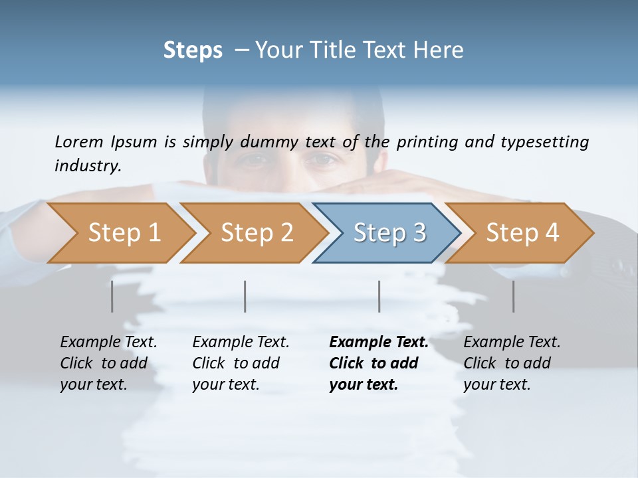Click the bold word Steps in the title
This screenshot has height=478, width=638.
pyautogui.click(x=193, y=50)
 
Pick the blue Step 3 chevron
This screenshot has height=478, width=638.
pyautogui.click(x=387, y=233)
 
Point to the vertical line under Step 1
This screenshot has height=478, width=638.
pyautogui.click(x=112, y=296)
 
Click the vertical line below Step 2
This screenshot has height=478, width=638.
pyautogui.click(x=245, y=296)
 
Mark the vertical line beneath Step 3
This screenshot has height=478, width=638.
pyautogui.click(x=379, y=296)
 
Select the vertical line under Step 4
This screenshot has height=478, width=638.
pyautogui.click(x=514, y=296)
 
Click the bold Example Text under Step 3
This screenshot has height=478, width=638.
pyautogui.click(x=379, y=343)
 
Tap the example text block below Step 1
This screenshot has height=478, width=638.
pyautogui.click(x=108, y=363)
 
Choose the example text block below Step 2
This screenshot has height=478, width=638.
pyautogui.click(x=241, y=363)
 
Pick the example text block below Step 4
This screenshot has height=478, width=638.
pyautogui.click(x=512, y=363)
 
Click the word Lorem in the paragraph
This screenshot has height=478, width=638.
pyautogui.click(x=79, y=141)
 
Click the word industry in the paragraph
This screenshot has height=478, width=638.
pyautogui.click(x=88, y=166)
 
